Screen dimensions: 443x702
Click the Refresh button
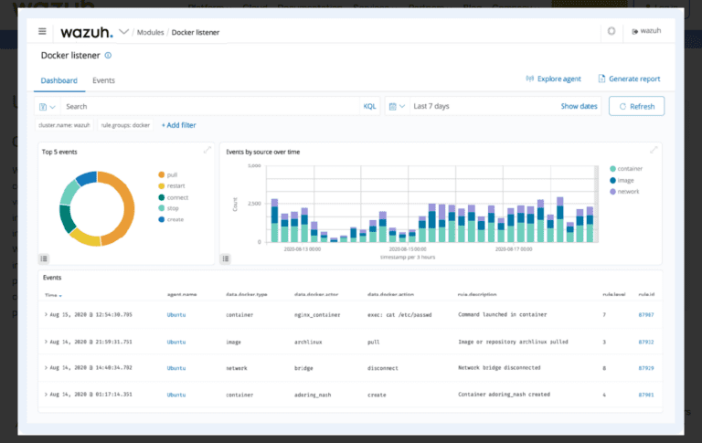pyautogui.click(x=636, y=106)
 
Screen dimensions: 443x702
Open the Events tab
pyautogui.click(x=103, y=80)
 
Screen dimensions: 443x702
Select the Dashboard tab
pyautogui.click(x=58, y=80)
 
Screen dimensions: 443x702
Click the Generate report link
pyautogui.click(x=629, y=79)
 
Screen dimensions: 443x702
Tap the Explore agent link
pyautogui.click(x=554, y=79)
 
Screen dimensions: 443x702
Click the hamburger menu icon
pyautogui.click(x=42, y=31)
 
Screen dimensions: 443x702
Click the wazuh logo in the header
pyautogui.click(x=87, y=32)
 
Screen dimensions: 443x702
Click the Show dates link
pyautogui.click(x=579, y=106)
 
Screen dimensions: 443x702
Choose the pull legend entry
pyautogui.click(x=172, y=174)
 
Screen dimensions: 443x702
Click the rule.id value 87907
pyautogui.click(x=646, y=314)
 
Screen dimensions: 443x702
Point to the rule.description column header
pyautogui.click(x=482, y=294)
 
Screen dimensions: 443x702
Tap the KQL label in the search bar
pyautogui.click(x=369, y=106)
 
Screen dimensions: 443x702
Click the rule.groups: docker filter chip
pyautogui.click(x=125, y=125)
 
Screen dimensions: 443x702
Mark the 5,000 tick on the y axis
pyautogui.click(x=254, y=166)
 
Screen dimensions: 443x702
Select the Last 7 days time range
pyautogui.click(x=431, y=106)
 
